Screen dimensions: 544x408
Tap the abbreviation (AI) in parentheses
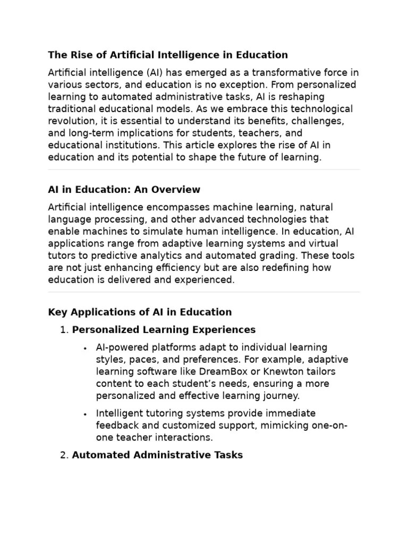140,73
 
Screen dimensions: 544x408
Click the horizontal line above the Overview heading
204,170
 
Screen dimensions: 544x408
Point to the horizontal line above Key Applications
204,292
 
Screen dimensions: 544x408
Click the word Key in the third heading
57,312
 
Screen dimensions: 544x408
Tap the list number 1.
64,330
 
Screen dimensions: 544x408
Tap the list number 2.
64,455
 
